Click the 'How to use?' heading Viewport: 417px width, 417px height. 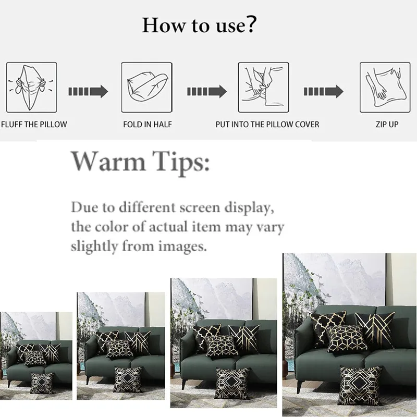pos(199,25)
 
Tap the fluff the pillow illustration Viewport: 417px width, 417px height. pos(32,88)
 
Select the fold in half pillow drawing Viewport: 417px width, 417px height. pos(147,88)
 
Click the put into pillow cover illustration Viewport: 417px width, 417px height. pos(264,88)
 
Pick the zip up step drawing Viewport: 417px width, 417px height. pos(385,88)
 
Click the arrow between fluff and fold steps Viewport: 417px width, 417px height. pos(88,92)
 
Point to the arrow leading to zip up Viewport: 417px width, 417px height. pos(324,92)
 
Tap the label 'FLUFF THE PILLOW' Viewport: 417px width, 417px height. pos(34,125)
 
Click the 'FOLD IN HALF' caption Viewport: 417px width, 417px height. pos(148,125)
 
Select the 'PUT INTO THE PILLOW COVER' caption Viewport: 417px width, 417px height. pos(267,125)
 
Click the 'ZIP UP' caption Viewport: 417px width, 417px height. pos(387,125)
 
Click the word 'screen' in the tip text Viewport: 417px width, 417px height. pos(200,207)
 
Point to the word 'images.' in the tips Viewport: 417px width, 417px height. pos(182,247)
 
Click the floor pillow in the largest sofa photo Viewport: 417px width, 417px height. pos(360,385)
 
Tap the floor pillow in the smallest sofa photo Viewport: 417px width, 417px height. pos(42,383)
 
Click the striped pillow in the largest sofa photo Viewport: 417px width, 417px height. pos(375,330)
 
